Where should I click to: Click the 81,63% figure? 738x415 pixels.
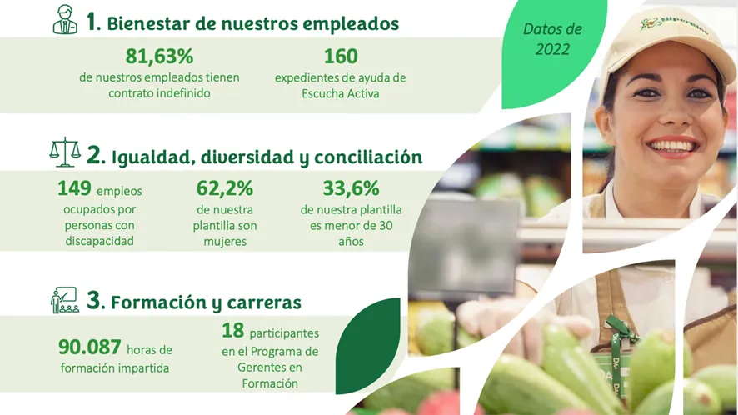click(159, 57)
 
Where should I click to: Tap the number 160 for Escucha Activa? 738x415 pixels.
click(341, 57)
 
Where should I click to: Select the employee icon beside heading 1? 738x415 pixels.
click(65, 20)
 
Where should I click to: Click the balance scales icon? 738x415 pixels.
click(65, 152)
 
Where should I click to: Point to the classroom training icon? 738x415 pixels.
click(65, 300)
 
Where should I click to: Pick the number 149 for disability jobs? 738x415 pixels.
click(74, 188)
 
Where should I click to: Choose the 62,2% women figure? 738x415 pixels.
click(225, 188)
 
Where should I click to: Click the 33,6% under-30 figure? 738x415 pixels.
click(352, 188)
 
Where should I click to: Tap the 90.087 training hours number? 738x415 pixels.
click(90, 347)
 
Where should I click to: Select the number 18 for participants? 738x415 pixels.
click(233, 330)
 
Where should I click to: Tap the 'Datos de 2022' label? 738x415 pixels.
click(552, 39)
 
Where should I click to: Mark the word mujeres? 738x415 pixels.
click(225, 241)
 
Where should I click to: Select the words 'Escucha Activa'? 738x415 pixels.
click(341, 93)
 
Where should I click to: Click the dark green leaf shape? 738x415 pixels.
click(368, 346)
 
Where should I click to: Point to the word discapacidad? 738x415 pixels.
click(99, 241)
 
